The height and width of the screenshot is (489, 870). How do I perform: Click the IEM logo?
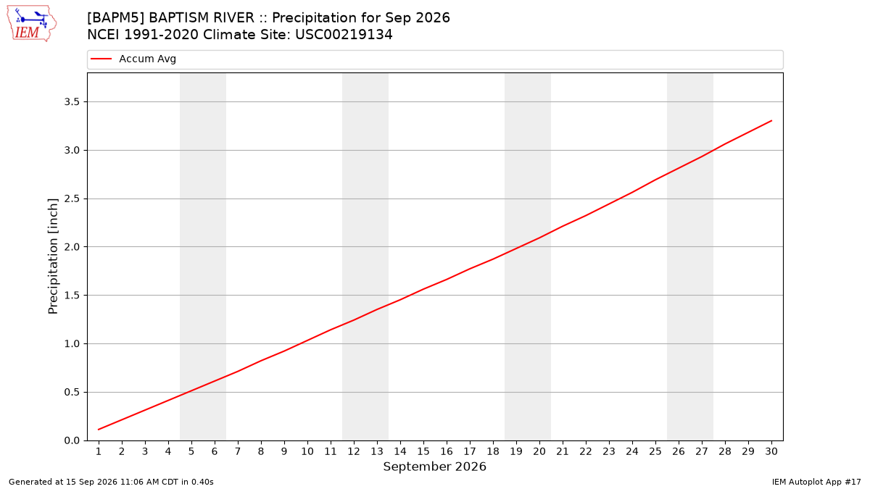coord(32,24)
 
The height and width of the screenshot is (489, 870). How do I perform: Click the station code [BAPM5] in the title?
coord(116,18)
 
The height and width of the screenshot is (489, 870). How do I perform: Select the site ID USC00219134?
coord(344,35)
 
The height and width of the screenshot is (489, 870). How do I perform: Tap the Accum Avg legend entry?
coord(133,59)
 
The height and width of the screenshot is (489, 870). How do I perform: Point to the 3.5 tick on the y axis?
coord(72,101)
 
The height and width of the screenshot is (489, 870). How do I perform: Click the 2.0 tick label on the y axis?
coord(72,247)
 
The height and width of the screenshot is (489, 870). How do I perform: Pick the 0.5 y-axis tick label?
coord(72,393)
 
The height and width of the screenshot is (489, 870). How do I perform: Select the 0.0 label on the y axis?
coord(72,441)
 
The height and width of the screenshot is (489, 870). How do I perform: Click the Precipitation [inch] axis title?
coord(53,256)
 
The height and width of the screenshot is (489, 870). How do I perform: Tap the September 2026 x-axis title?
coord(434,467)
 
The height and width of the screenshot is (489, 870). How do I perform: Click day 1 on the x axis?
coord(99,451)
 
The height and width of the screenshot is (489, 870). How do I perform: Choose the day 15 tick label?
coord(423,451)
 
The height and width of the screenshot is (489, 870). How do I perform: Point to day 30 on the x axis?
coord(771,451)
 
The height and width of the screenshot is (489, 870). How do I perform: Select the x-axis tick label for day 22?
coord(586,451)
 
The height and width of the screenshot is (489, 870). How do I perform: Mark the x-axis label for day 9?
coord(284,451)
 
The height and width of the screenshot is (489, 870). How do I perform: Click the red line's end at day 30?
coord(771,121)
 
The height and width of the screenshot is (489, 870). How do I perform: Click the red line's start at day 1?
coord(99,430)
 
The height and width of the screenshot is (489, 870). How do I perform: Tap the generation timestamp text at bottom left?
coord(111,482)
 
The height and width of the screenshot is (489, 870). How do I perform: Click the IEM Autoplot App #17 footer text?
coord(816,482)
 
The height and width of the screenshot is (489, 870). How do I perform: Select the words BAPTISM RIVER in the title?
coord(202,18)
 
